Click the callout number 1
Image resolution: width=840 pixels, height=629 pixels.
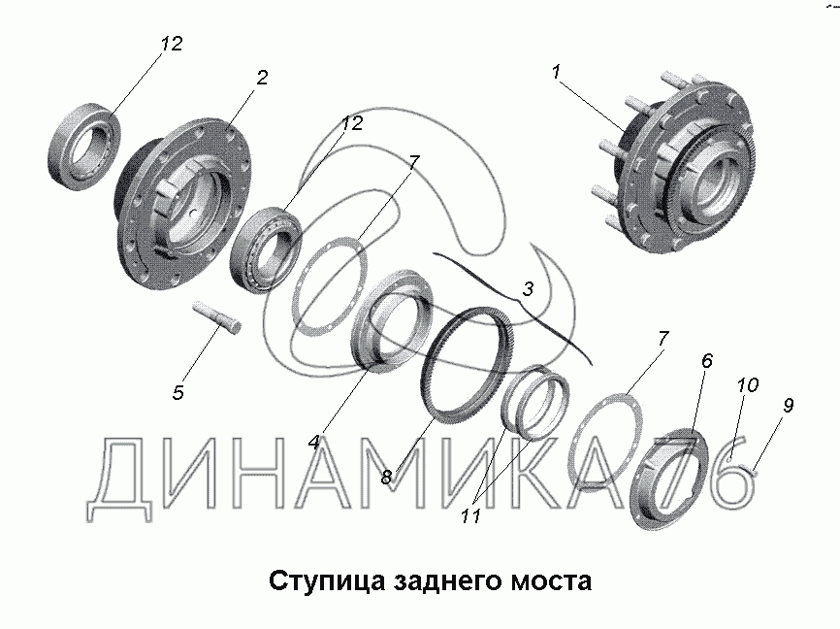[556, 71]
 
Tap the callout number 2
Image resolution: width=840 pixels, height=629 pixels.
[262, 78]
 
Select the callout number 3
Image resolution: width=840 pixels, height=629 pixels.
[528, 289]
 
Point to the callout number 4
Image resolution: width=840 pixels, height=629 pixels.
[314, 443]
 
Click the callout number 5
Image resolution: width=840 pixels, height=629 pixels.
[178, 392]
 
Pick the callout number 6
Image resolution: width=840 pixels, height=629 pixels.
[707, 361]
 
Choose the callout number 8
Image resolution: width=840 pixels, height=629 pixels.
[387, 477]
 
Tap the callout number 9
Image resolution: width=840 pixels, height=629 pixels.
[788, 406]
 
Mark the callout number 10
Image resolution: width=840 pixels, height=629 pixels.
[747, 385]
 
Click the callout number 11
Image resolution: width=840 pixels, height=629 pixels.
[471, 516]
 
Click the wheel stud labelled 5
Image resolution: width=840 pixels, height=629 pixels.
[217, 319]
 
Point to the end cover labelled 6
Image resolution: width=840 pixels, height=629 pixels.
[669, 480]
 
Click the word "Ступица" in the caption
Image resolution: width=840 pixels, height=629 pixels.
[327, 581]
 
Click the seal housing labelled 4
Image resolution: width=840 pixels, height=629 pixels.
[392, 321]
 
